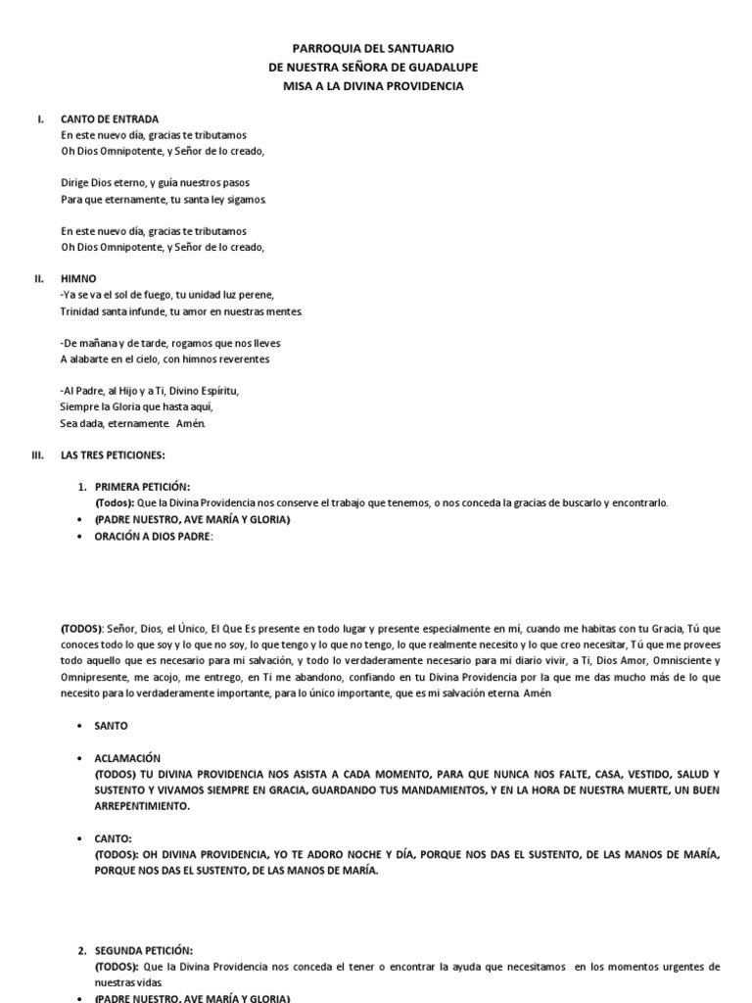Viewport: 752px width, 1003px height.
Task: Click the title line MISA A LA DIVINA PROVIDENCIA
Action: pyautogui.click(x=375, y=86)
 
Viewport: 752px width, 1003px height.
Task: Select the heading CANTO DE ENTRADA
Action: pyautogui.click(x=110, y=119)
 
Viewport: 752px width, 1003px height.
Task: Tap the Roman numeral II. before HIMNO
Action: pyautogui.click(x=39, y=279)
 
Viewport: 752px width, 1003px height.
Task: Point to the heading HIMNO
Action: pyautogui.click(x=78, y=279)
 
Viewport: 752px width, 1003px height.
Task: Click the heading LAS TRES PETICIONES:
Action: pyautogui.click(x=113, y=455)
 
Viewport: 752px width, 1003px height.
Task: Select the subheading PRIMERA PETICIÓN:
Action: pyautogui.click(x=142, y=487)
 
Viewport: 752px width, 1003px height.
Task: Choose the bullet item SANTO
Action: pyautogui.click(x=112, y=727)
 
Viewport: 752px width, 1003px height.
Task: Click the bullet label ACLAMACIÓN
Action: pyautogui.click(x=127, y=759)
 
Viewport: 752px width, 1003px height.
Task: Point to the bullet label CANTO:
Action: pyautogui.click(x=114, y=838)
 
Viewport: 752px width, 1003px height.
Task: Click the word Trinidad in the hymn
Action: pyautogui.click(x=80, y=311)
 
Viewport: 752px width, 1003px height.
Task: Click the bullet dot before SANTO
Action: pyautogui.click(x=78, y=727)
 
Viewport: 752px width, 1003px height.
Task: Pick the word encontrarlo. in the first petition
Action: pyautogui.click(x=639, y=502)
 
